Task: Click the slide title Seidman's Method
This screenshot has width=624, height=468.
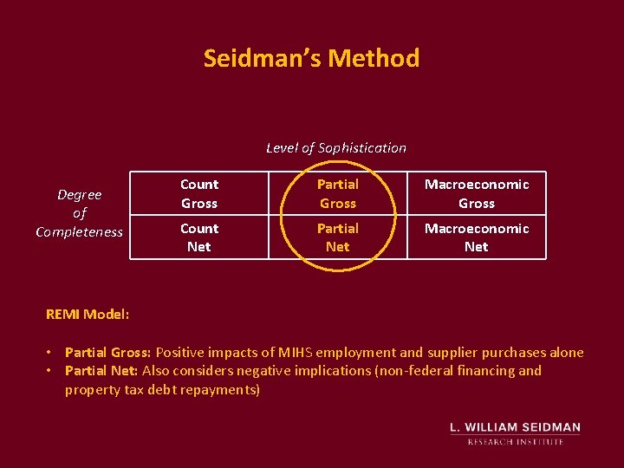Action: [311, 58]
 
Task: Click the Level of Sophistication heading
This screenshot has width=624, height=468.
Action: [335, 147]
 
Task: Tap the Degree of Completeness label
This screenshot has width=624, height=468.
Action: [80, 213]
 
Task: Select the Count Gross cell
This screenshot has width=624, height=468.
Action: [199, 193]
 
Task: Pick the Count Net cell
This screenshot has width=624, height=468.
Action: [199, 237]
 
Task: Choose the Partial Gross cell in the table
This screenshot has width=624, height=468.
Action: [338, 193]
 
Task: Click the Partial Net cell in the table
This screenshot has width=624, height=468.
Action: [338, 237]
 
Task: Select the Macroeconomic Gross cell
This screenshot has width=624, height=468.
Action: [477, 193]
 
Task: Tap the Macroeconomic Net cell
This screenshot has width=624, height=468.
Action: [477, 237]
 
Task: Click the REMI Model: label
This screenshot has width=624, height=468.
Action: [88, 314]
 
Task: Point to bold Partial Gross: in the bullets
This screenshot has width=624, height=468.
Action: [108, 352]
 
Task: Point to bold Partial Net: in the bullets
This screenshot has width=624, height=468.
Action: [101, 371]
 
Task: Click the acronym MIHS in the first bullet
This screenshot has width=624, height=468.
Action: [296, 352]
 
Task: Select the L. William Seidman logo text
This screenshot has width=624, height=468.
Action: [516, 427]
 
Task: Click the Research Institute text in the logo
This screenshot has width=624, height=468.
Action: [516, 441]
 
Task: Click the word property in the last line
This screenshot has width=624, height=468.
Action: [91, 390]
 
